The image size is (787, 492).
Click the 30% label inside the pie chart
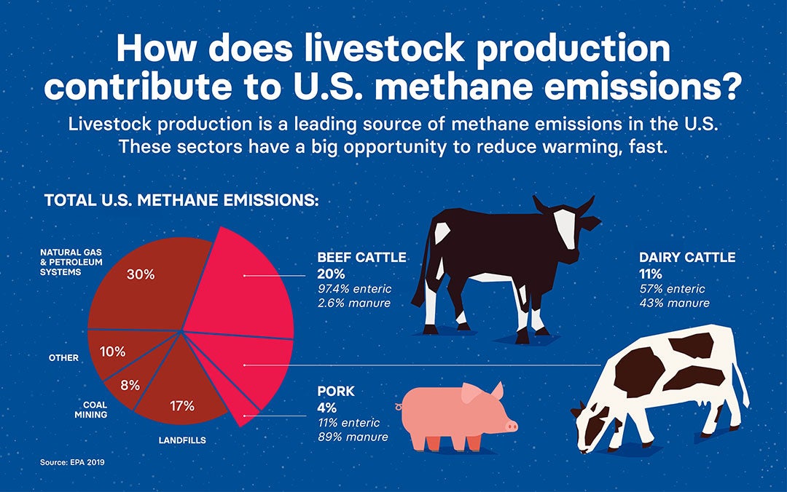(140, 274)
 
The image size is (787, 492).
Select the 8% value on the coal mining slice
(130, 385)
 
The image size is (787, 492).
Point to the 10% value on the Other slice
(113, 351)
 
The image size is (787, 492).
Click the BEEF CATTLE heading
(361, 258)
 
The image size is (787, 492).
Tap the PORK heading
(336, 392)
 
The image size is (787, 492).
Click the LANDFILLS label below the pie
(182, 440)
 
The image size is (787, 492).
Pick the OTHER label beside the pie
(63, 358)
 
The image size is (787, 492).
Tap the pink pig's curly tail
(399, 406)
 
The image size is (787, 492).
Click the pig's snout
(512, 425)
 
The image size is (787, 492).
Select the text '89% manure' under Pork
(353, 437)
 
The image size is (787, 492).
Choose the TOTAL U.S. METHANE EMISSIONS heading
(181, 200)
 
